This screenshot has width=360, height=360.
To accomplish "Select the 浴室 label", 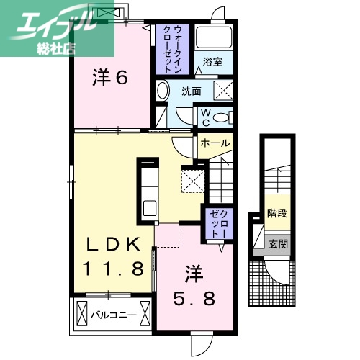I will point(211,62).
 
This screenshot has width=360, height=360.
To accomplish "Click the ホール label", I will point(215,143).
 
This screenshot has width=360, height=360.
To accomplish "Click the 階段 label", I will point(276,213).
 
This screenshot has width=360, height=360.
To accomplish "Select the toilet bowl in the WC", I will point(222,117).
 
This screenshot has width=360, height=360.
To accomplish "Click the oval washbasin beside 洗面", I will point(162,91).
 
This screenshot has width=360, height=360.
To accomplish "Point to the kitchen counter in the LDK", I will point(149,189).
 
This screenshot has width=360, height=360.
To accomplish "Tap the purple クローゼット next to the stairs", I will point(217,223).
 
